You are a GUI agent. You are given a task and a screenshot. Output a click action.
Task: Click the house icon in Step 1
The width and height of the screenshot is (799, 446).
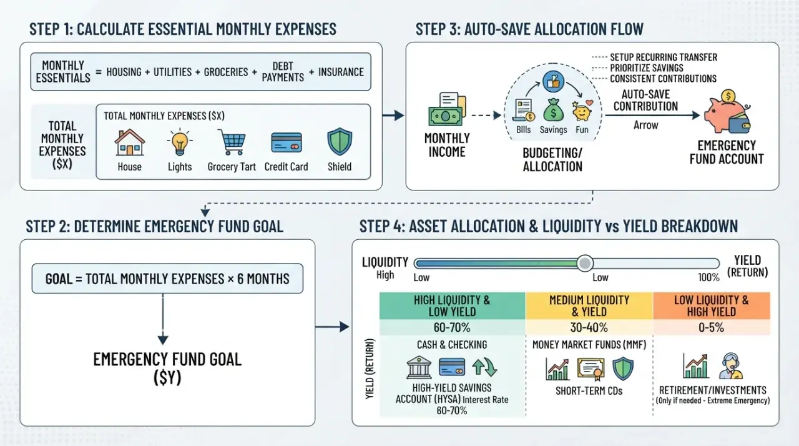coord(129,142)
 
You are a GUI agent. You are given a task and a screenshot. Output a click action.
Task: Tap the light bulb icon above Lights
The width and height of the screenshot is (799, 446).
coord(180,142)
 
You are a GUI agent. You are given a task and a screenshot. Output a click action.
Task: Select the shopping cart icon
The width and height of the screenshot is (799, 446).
coord(232,142)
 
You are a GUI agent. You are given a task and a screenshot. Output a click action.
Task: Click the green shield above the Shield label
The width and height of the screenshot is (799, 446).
coord(340,142)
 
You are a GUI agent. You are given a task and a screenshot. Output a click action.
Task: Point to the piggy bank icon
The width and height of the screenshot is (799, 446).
coord(727,112)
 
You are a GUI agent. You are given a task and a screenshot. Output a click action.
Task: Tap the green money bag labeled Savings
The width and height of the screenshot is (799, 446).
coord(553,110)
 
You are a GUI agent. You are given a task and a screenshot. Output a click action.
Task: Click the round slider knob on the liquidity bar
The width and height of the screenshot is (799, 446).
coord(585,264)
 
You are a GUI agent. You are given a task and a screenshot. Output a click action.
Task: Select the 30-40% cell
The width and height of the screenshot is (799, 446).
coord(589,327)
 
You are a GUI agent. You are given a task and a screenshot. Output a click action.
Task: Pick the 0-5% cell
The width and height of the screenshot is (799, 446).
coord(711,327)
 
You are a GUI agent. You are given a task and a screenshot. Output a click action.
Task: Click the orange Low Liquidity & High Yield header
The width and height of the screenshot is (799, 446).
coord(712,306)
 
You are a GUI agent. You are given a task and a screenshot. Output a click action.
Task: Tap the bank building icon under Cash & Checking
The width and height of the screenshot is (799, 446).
coord(419,367)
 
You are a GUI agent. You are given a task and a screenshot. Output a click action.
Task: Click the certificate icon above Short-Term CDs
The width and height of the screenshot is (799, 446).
coord(591,369)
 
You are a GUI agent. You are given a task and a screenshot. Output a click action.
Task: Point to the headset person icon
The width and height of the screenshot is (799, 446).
coord(730,366)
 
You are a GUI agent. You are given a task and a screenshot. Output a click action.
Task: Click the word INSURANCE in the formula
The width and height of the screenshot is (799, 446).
coord(341,72)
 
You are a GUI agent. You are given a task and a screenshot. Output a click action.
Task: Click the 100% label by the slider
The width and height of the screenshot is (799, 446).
coord(708,277)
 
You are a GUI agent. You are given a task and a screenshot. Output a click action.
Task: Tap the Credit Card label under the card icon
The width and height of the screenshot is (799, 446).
coord(286,167)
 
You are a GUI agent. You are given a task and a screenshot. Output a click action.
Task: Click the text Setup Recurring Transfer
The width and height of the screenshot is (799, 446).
coord(664,57)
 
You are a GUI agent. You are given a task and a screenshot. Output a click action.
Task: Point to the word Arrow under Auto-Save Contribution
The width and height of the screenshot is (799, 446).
coord(645,125)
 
